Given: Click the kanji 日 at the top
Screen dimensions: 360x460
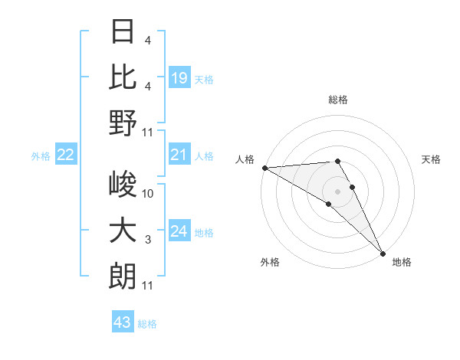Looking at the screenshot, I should click(123, 32).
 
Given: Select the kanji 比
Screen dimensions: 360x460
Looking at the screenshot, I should click(123, 77).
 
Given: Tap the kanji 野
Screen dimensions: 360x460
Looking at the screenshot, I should click(123, 123).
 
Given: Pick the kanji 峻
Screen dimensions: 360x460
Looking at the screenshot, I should click(123, 185).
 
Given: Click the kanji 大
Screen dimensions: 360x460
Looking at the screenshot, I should click(123, 231).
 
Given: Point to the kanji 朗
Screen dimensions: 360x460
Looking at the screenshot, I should click(123, 276).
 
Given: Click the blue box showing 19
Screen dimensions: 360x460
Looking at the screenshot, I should click(179, 77).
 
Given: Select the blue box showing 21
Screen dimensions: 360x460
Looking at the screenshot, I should click(179, 155).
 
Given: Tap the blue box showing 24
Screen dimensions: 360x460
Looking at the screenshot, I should click(179, 231).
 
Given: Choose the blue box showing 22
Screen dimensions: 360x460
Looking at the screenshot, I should click(66, 155).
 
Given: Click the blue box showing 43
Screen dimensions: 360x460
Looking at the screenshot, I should click(123, 322).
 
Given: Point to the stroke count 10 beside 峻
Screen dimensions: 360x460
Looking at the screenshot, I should click(149, 194).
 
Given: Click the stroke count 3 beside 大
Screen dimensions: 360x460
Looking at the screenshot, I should click(148, 240).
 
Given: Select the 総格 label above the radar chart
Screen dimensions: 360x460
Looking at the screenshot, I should click(338, 100).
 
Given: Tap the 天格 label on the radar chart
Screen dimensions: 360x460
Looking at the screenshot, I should click(432, 159).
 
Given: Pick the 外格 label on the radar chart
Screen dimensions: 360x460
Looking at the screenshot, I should click(270, 262).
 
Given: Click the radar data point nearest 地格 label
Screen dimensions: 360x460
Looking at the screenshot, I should click(383, 253).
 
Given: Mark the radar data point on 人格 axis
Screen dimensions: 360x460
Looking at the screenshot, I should click(264, 168).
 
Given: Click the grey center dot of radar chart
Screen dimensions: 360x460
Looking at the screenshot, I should click(338, 191).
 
